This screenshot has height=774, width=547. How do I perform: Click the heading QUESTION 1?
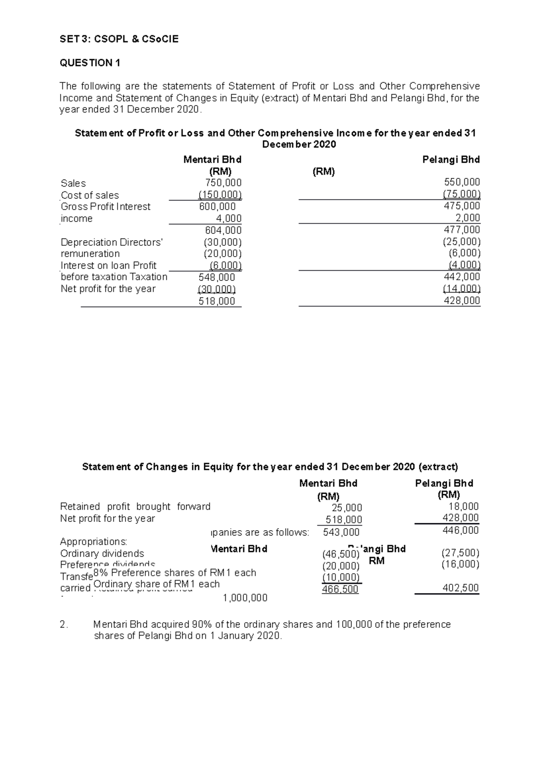(90, 63)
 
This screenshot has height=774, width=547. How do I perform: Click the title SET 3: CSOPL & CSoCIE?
(119, 39)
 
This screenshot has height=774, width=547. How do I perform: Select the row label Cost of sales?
(90, 195)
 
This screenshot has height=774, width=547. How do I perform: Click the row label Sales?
(73, 183)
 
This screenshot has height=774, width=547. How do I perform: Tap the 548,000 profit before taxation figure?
(217, 277)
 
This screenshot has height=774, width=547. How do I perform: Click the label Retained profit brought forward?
(135, 506)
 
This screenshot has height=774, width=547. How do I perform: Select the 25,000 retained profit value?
(347, 508)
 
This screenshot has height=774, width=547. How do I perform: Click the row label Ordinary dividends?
(102, 553)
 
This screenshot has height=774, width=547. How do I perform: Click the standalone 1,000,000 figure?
(245, 598)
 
